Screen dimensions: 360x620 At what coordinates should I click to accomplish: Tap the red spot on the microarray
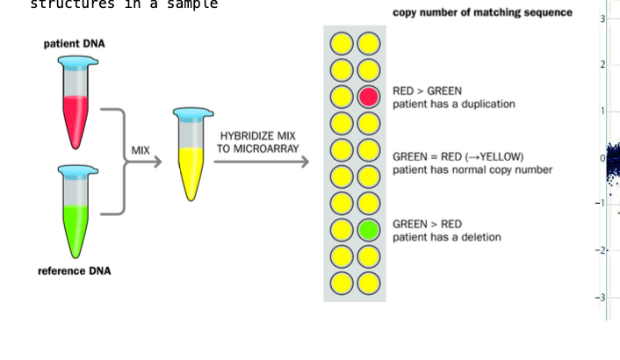pyautogui.click(x=369, y=97)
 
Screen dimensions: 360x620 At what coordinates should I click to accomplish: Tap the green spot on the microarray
pyautogui.click(x=369, y=231)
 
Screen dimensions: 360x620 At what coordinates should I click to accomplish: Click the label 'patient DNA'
pyautogui.click(x=75, y=44)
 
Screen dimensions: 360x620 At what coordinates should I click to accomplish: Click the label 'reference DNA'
pyautogui.click(x=75, y=271)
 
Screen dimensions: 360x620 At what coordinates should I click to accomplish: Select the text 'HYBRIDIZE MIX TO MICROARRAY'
pyautogui.click(x=258, y=142)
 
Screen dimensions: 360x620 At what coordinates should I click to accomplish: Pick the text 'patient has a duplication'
pyautogui.click(x=453, y=104)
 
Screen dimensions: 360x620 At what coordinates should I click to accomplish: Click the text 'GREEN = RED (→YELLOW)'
pyautogui.click(x=458, y=157)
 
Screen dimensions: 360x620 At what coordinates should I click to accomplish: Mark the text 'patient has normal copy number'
pyautogui.click(x=472, y=169)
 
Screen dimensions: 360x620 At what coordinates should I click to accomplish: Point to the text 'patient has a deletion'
pyautogui.click(x=446, y=237)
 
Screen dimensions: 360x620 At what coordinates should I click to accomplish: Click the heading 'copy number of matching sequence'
pyautogui.click(x=482, y=12)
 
